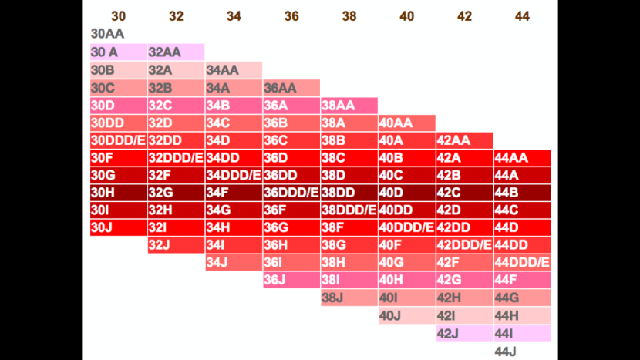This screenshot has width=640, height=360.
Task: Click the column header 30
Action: tap(118, 16)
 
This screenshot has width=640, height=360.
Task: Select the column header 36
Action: tap(291, 16)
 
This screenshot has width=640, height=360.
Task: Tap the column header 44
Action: tap(522, 16)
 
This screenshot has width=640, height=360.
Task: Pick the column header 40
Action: tap(406, 16)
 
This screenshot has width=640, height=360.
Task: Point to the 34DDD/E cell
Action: tap(234, 175)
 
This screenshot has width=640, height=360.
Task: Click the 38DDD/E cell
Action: tap(349, 210)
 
